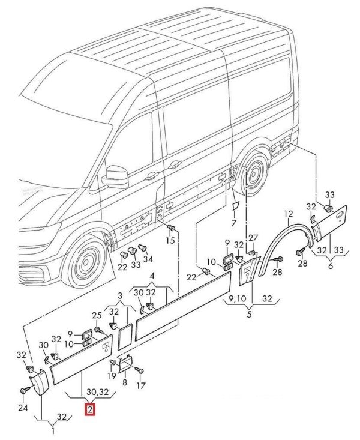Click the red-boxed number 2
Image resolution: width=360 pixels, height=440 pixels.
coord(89,411)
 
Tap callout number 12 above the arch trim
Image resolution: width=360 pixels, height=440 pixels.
coord(288,213)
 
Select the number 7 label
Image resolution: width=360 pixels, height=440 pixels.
coord(233,223)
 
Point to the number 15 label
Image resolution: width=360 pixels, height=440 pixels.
coord(170,240)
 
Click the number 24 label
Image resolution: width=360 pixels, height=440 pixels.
coord(23,409)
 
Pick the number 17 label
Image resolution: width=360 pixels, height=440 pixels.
coord(142,385)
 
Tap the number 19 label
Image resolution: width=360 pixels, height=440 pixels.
coord(112,376)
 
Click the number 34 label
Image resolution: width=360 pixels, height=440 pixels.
coord(148,259)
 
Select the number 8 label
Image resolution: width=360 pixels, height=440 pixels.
coord(125,382)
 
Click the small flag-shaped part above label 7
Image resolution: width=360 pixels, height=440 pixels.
coord(235,206)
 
